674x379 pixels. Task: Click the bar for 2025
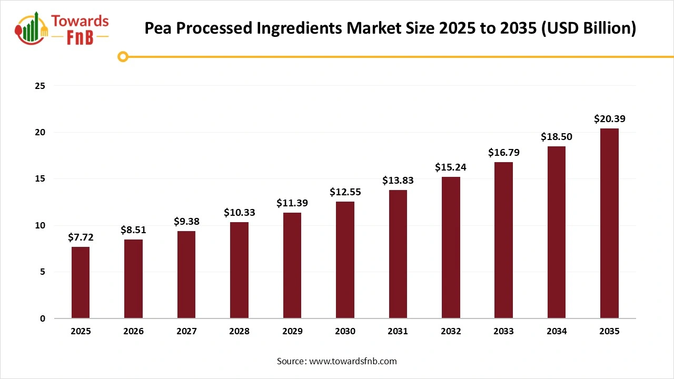point(81,283)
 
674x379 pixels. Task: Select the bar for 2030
point(345,260)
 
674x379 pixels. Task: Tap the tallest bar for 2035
point(609,224)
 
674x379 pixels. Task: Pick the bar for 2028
point(239,270)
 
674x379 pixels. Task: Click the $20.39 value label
point(609,119)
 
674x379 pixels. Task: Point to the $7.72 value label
point(81,237)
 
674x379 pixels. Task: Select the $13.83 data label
point(398,180)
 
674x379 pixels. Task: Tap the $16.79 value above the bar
point(503,153)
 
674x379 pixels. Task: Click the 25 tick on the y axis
point(40,86)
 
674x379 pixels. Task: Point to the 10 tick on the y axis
point(40,225)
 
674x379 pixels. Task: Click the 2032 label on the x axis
point(451,332)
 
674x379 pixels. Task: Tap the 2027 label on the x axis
point(186,332)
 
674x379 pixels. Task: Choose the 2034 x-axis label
point(557,332)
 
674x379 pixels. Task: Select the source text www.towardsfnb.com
point(352,361)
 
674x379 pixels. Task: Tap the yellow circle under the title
point(123,56)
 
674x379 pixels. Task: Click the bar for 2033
point(503,240)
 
